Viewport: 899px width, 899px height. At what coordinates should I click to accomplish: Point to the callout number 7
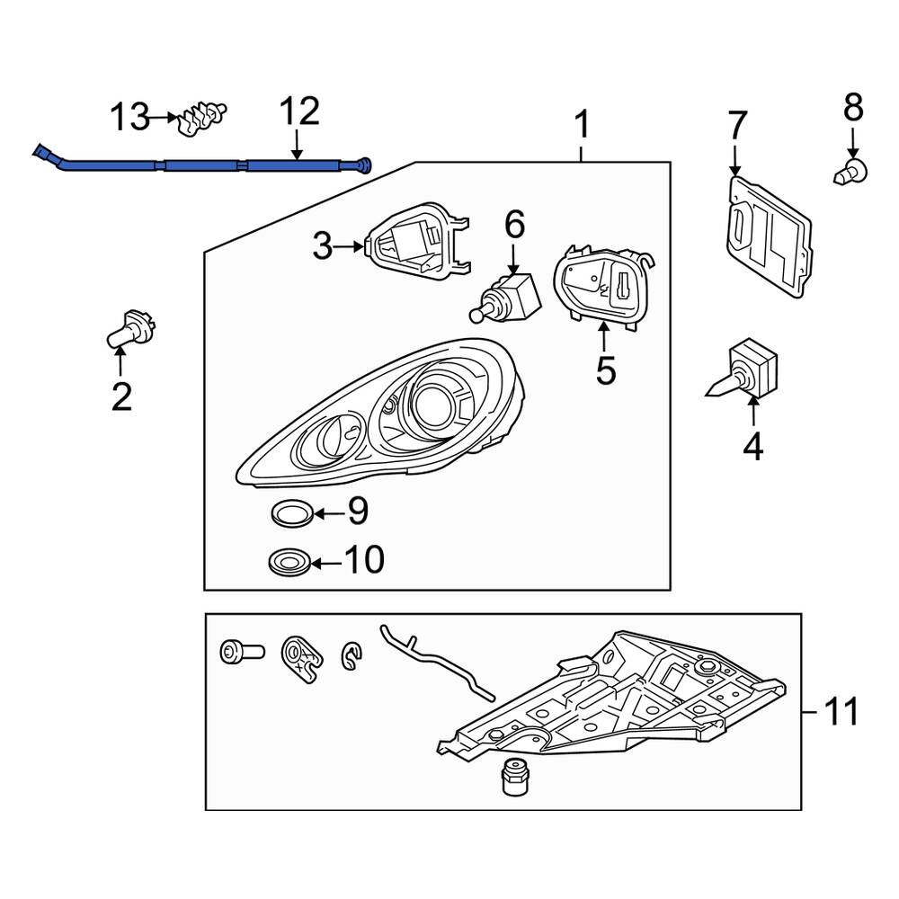(x=737, y=123)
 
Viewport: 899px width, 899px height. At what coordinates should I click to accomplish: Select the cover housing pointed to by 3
(x=415, y=241)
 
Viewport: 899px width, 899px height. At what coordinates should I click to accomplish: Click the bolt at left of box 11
(x=241, y=651)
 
